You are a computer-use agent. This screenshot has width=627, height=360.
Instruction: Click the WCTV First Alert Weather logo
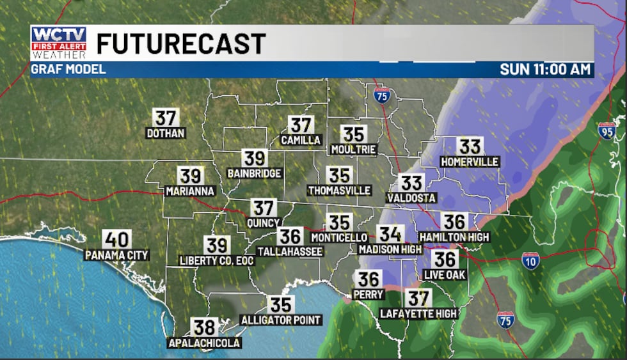(58, 43)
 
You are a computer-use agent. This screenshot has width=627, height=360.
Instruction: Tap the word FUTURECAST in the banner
(180, 43)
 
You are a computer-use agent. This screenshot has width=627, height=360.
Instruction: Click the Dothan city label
(165, 134)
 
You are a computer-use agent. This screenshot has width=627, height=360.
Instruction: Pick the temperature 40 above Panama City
(117, 240)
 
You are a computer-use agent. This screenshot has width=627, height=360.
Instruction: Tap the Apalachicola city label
(205, 343)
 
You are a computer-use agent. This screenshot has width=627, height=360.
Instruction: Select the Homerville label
(470, 162)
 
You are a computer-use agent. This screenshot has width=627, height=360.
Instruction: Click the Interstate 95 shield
(607, 130)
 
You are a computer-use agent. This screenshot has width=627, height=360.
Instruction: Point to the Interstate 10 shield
(530, 260)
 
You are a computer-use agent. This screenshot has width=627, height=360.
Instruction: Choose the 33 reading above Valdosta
(411, 184)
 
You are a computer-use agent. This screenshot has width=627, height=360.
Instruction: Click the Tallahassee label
(290, 251)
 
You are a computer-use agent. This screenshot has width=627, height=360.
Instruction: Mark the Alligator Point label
(281, 319)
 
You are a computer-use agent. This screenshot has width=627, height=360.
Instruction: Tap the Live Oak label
(444, 274)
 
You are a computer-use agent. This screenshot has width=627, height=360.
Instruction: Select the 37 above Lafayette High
(418, 298)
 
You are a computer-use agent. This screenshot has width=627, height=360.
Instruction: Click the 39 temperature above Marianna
(190, 176)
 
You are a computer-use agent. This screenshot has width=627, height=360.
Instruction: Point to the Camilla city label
(300, 140)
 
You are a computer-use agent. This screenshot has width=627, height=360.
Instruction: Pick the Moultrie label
(353, 150)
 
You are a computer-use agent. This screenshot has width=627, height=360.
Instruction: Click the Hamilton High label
(454, 237)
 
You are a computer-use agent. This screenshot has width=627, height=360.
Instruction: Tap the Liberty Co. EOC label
(217, 260)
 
